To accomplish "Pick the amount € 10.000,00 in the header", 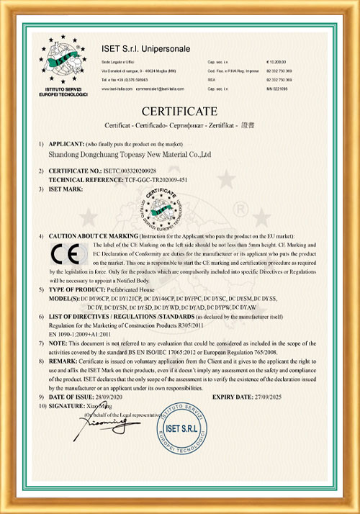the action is [x=277, y=63].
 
